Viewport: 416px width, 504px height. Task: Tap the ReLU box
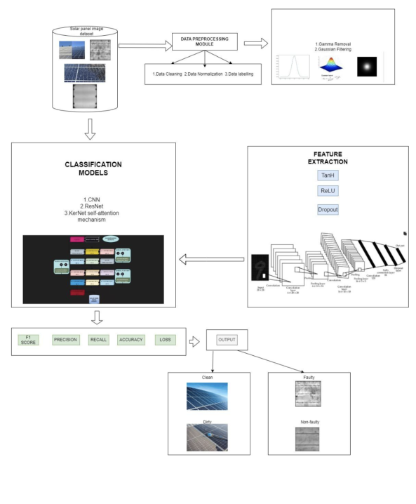[326, 190]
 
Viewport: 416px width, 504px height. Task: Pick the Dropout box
[326, 209]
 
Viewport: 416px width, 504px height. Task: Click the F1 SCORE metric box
[28, 340]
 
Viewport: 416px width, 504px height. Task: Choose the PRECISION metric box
[65, 340]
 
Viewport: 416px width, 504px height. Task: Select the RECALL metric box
[98, 340]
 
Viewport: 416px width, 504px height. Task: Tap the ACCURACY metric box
[130, 340]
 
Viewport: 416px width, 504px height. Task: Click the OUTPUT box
[227, 340]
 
